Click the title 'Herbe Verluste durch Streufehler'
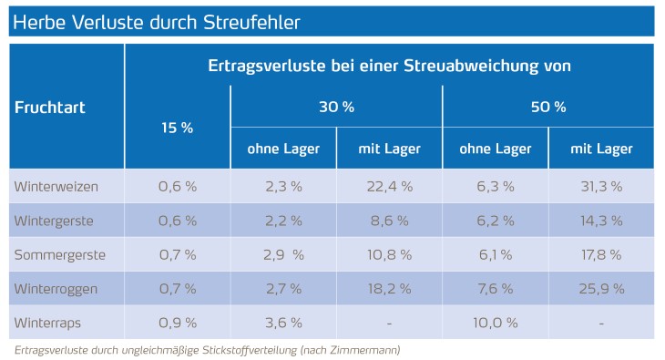(x=157, y=19)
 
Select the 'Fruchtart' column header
(x=50, y=108)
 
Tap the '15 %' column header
(x=177, y=128)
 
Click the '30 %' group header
(x=336, y=107)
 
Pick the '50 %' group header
(x=548, y=107)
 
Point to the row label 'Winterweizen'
(x=56, y=186)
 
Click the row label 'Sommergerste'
(x=59, y=254)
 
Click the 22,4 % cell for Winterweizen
(x=389, y=186)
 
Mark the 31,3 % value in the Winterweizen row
(x=601, y=186)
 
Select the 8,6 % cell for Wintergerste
(x=389, y=221)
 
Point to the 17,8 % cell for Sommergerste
(x=601, y=254)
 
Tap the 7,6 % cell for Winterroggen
(x=495, y=289)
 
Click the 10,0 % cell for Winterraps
(x=495, y=323)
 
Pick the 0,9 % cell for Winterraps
(x=177, y=323)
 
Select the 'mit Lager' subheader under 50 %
(x=601, y=149)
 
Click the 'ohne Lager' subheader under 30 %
(x=283, y=149)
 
